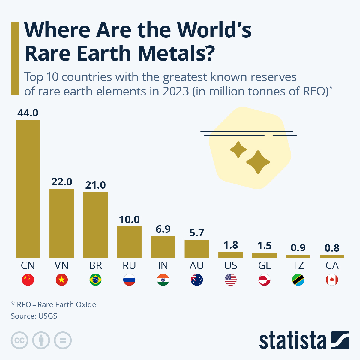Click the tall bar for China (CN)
tap(28, 189)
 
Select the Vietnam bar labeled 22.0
tap(62, 223)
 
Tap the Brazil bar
tap(95, 225)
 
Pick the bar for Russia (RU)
tap(129, 242)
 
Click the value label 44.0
tap(28, 113)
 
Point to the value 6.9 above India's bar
tap(163, 229)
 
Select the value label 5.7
tap(197, 233)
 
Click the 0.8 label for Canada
tap(332, 248)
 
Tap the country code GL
tap(264, 265)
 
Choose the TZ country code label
tap(298, 265)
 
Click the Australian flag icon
tap(197, 280)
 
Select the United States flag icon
tap(230, 280)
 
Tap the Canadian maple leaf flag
tap(332, 280)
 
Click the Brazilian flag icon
tap(95, 280)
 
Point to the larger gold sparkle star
tap(258, 162)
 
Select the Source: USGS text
tap(34, 316)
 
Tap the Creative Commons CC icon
tap(20, 340)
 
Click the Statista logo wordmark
tap(292, 341)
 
